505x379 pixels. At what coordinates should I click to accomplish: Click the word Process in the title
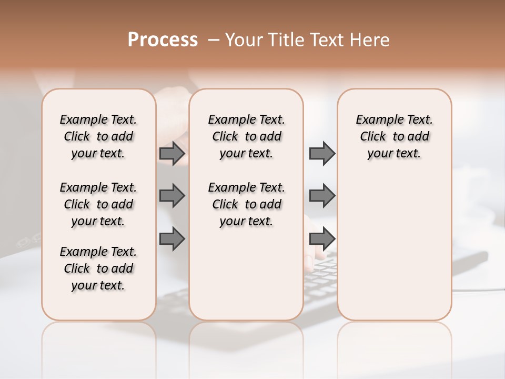163,40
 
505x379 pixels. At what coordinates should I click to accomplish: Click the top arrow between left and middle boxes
172,154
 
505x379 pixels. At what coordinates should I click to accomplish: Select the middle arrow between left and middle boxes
172,196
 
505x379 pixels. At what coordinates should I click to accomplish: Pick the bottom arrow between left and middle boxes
172,238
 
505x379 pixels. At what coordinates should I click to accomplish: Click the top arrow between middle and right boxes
322,154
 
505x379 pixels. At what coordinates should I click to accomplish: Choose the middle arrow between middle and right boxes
322,196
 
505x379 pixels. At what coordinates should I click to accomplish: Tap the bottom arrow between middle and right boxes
322,238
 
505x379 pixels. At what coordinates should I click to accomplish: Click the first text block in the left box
98,136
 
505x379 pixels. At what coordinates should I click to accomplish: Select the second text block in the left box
98,204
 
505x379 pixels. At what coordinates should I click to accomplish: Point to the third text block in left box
98,268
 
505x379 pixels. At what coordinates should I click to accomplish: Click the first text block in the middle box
246,136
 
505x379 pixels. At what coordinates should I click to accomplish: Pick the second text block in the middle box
246,204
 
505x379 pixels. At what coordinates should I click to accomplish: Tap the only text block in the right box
394,136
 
